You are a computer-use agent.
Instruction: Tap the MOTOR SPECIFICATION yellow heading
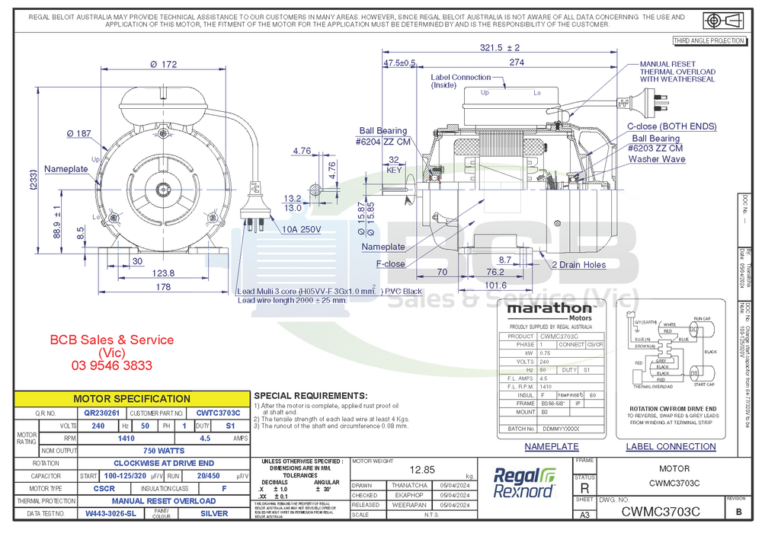(x=132, y=398)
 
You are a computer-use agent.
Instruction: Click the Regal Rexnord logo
(x=525, y=483)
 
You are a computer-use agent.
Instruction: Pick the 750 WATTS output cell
(x=164, y=451)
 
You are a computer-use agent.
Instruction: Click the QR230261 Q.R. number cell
(x=101, y=413)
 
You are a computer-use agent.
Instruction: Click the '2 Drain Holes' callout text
(x=579, y=264)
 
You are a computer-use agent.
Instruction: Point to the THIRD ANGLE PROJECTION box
(x=708, y=40)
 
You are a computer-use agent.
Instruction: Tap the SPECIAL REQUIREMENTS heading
(x=310, y=396)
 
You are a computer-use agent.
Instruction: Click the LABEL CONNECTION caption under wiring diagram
(x=671, y=446)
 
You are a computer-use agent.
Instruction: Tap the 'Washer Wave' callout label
(x=657, y=159)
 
